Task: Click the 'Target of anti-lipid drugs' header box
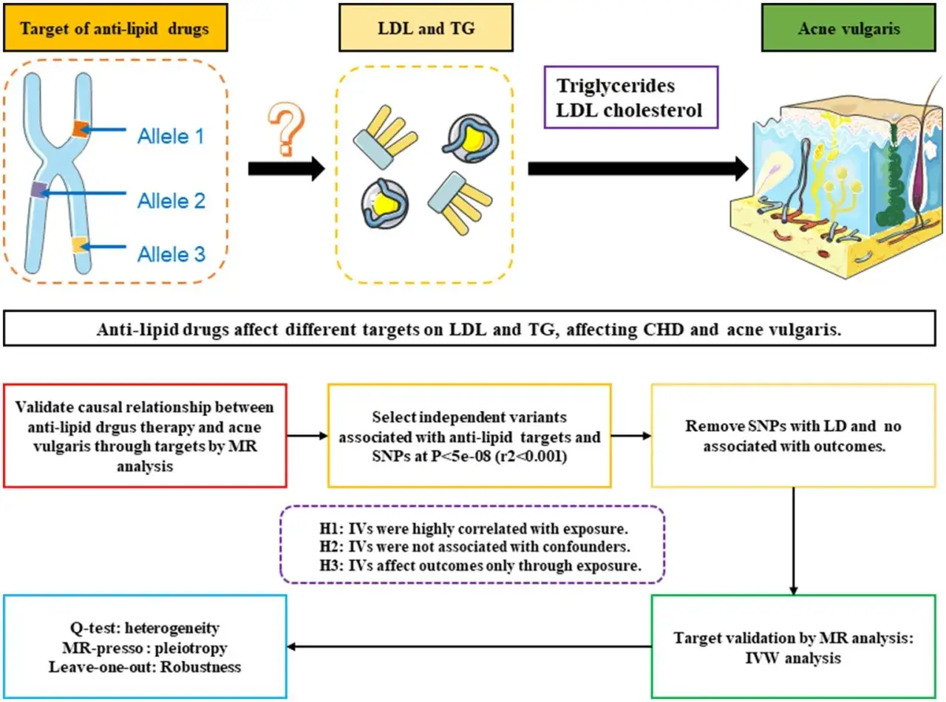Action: click(115, 28)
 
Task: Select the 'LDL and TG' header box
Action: click(426, 28)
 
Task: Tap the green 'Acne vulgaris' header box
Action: click(848, 28)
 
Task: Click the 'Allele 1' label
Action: click(171, 137)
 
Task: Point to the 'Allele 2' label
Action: click(171, 201)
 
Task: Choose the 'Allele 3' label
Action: click(171, 255)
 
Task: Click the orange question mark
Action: click(287, 129)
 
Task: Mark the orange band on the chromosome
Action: click(80, 129)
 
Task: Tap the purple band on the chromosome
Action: click(39, 189)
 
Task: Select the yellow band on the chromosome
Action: click(79, 245)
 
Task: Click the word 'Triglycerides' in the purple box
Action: click(616, 86)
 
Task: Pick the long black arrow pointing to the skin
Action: click(638, 169)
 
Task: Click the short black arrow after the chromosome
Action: click(287, 169)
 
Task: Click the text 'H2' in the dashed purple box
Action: click(331, 546)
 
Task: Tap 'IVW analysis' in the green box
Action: click(793, 658)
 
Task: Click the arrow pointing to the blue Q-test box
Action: click(469, 647)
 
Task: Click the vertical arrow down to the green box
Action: click(793, 541)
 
